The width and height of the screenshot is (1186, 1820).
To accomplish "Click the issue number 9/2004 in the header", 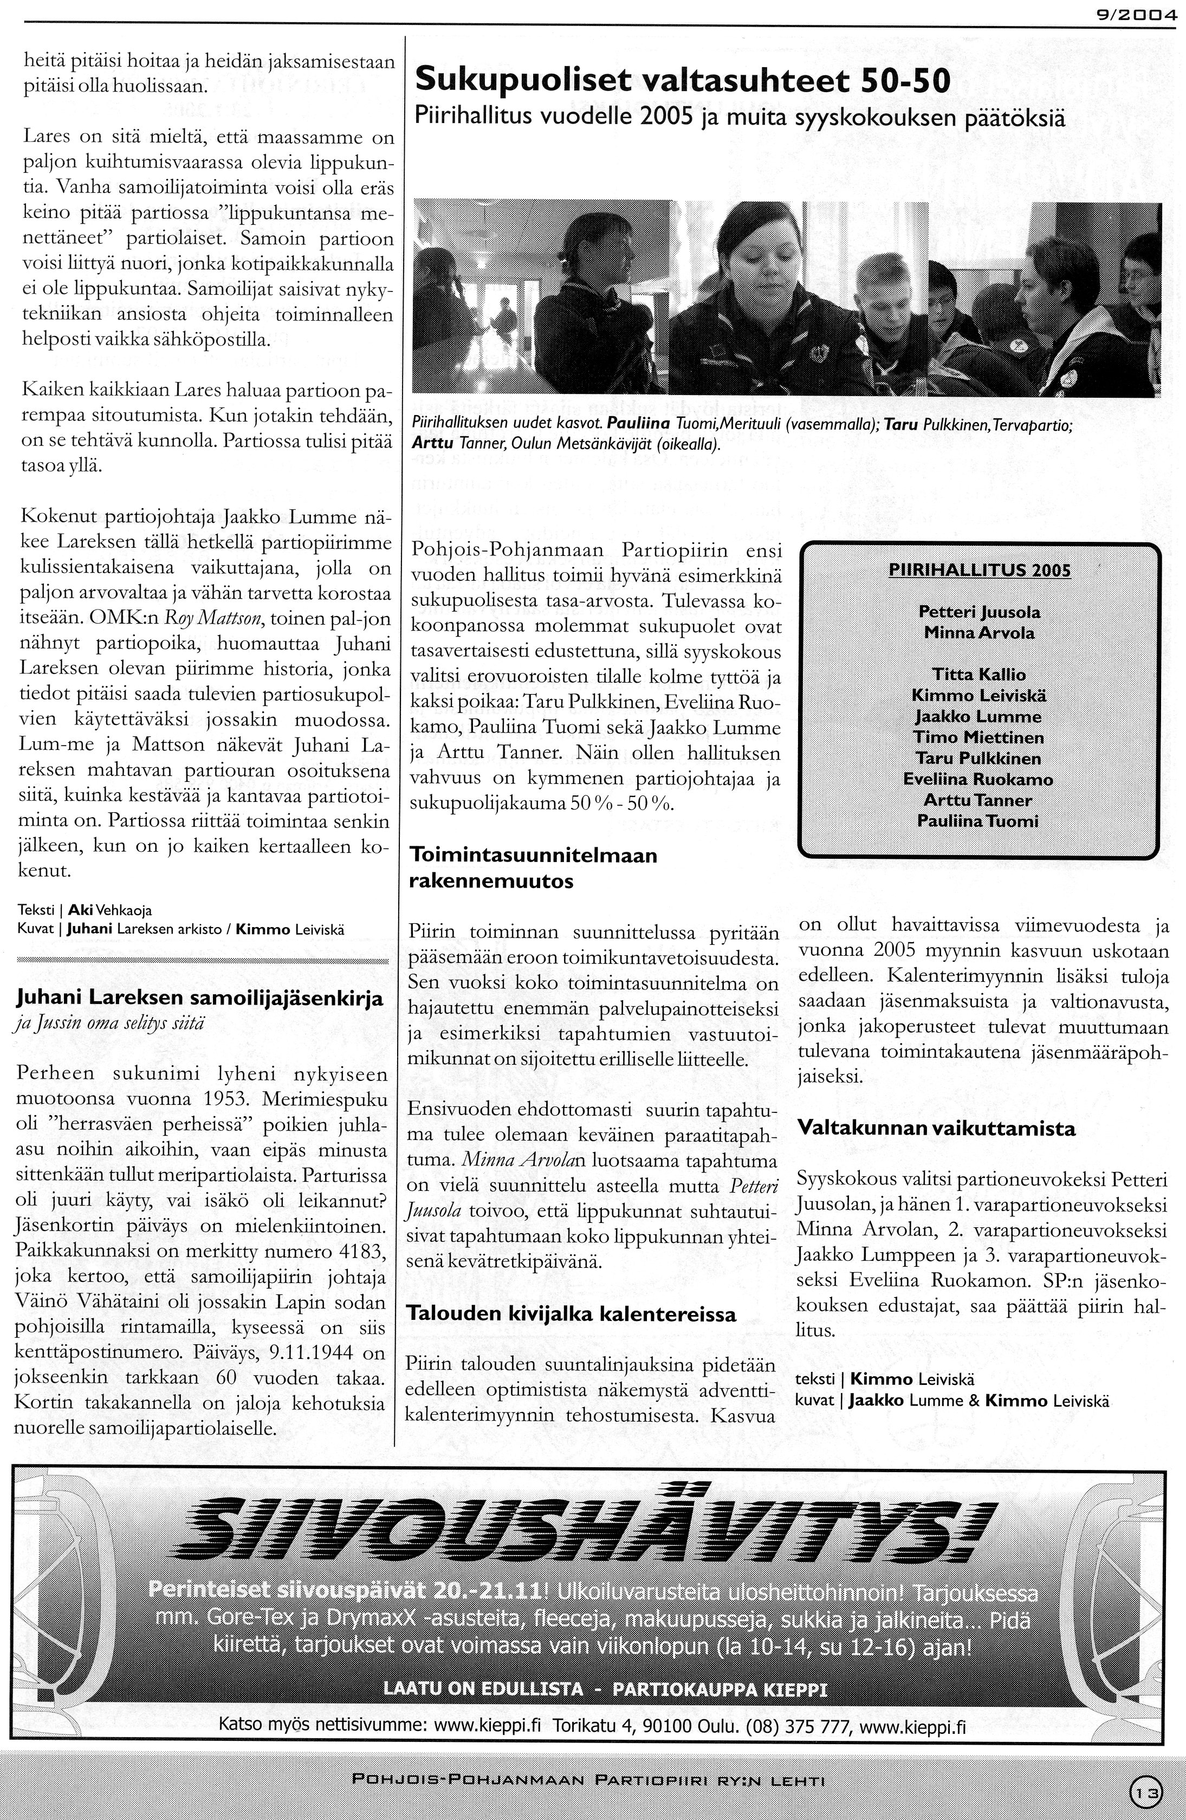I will [1137, 13].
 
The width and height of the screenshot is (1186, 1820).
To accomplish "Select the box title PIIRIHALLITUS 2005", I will [980, 571].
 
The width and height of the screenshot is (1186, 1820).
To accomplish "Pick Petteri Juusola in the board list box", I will [980, 612].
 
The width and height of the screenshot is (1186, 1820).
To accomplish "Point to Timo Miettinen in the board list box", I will [979, 737].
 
